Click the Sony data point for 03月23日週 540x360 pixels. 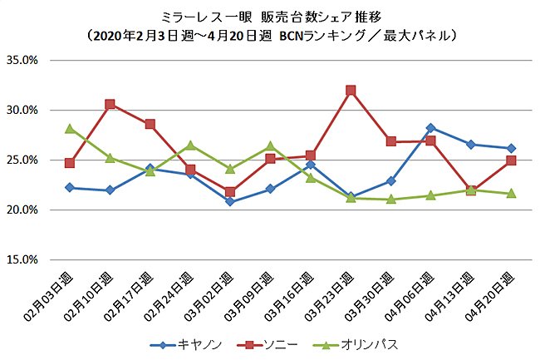point(351,90)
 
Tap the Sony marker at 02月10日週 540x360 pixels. point(110,104)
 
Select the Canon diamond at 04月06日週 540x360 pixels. point(430,128)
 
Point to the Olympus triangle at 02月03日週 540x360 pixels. point(70,128)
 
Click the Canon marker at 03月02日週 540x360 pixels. point(230,202)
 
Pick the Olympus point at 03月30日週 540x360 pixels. point(390,200)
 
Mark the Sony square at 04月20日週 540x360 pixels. point(511,160)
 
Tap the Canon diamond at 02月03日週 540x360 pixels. point(70,188)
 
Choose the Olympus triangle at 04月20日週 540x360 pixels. point(511,193)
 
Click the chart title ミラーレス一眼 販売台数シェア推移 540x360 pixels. point(270,16)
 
